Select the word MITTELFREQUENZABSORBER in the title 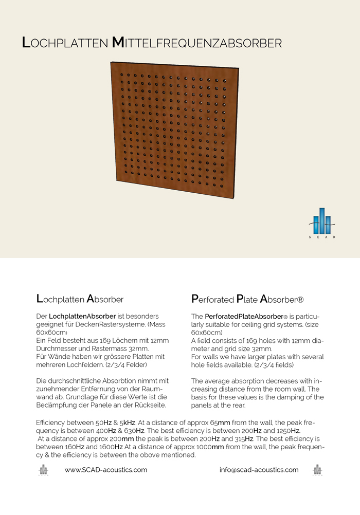[197, 43]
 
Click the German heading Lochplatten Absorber [80, 298]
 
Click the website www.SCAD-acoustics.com [106, 470]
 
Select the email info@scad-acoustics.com [259, 470]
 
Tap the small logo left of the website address [43, 470]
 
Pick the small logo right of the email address [317, 470]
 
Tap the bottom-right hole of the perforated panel [222, 185]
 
